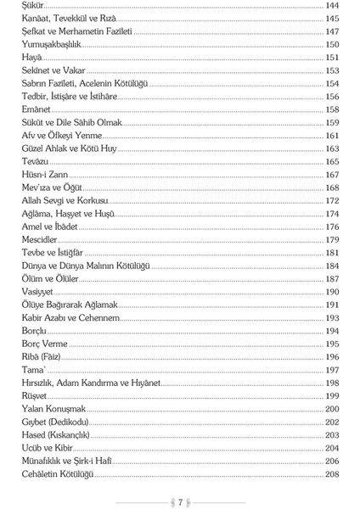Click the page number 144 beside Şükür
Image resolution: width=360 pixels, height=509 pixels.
[x=332, y=6]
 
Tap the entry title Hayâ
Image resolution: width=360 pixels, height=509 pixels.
[x=31, y=58]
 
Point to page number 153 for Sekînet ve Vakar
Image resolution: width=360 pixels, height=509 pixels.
[x=332, y=71]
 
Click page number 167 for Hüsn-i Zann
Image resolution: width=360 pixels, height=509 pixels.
[x=332, y=175]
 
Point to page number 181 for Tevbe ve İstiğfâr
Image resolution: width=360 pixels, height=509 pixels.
[x=332, y=253]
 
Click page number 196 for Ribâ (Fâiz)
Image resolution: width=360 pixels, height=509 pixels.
[x=332, y=357]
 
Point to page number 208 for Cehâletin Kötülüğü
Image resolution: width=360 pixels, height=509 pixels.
[x=332, y=473]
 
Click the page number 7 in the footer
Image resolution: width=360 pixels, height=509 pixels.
[x=180, y=502]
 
